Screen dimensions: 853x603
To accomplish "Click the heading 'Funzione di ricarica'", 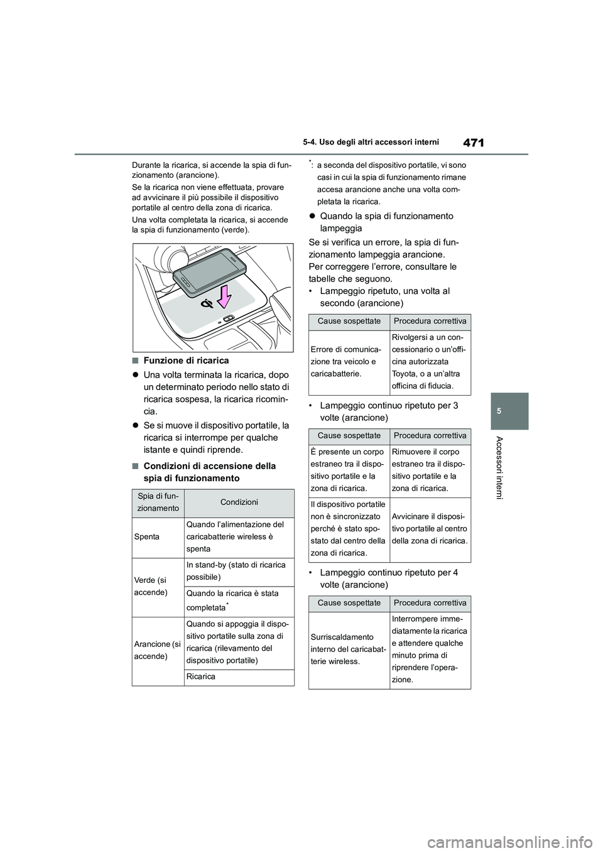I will [x=186, y=361].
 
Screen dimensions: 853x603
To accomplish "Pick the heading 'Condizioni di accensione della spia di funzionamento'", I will [x=209, y=472].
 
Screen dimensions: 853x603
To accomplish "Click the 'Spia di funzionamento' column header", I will [x=158, y=503].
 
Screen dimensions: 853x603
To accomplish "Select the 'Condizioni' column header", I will [x=239, y=503].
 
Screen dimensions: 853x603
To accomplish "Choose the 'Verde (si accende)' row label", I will [x=150, y=587].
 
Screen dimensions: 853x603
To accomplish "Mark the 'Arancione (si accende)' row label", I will [x=158, y=650].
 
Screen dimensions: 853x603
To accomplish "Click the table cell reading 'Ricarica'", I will [x=201, y=677].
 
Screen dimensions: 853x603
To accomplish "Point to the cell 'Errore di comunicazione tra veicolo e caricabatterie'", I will [x=349, y=361].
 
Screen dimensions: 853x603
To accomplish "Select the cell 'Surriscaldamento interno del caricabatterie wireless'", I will [x=349, y=649].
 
